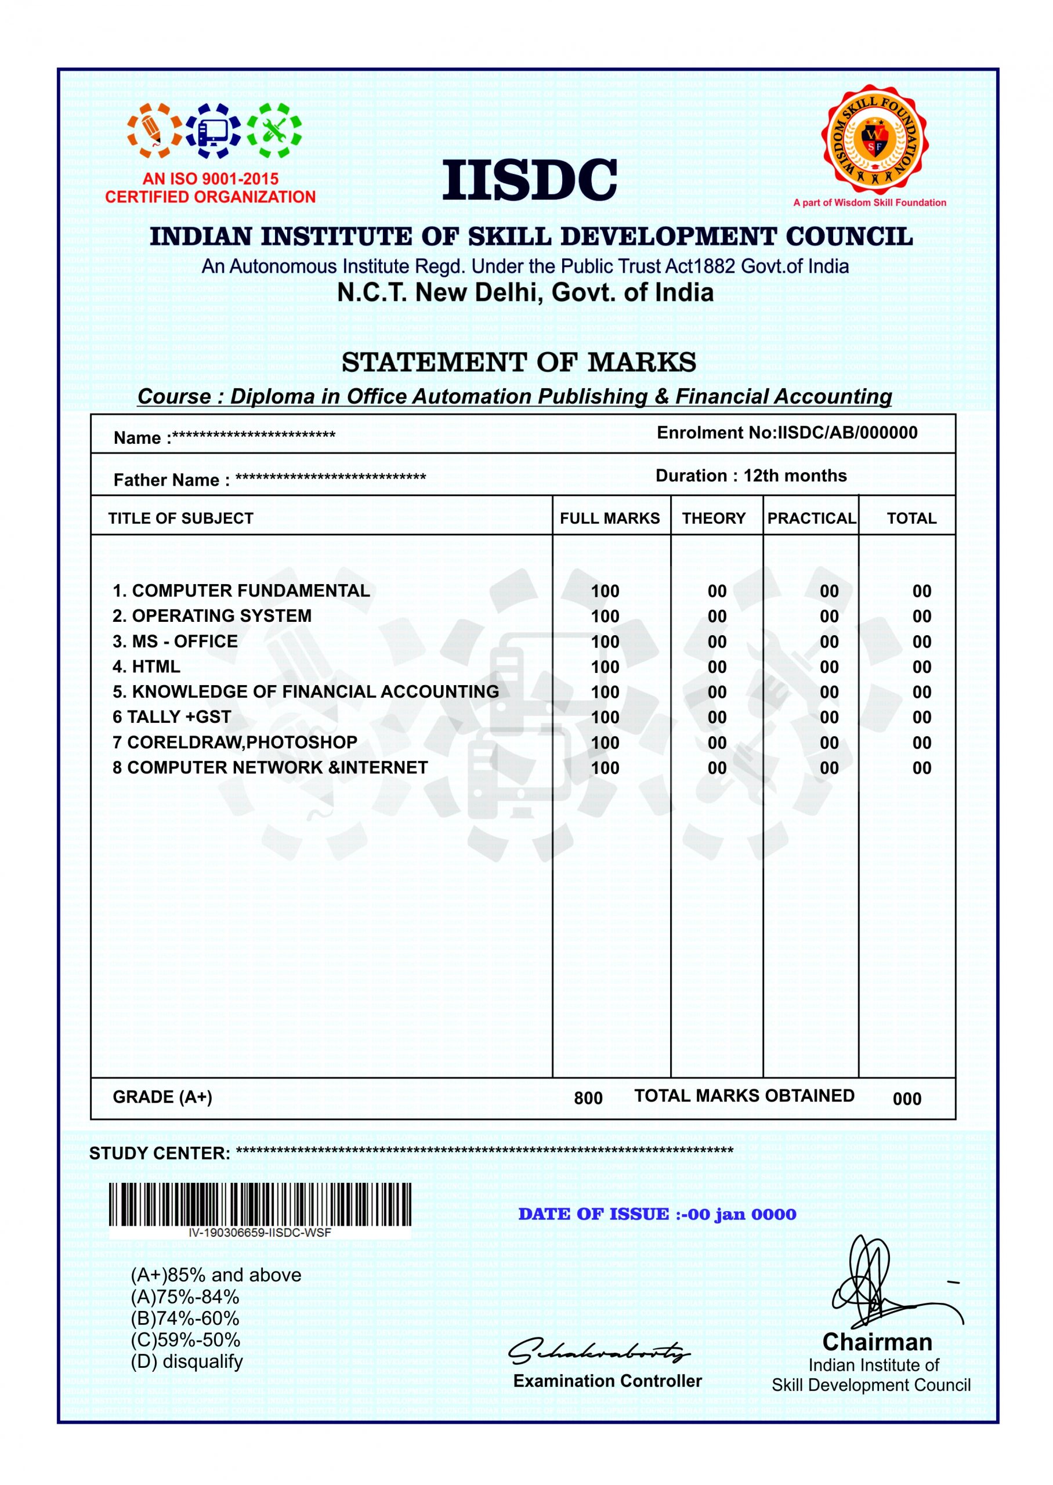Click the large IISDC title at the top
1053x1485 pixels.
tap(529, 181)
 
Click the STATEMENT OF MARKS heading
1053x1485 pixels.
tap(519, 363)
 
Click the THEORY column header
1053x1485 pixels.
tap(714, 519)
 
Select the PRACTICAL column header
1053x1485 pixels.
tap(811, 519)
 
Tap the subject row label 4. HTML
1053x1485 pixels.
tap(147, 667)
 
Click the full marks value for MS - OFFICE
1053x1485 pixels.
tap(605, 642)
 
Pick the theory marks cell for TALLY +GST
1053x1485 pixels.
tap(717, 718)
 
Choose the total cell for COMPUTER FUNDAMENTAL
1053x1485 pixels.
tap(921, 591)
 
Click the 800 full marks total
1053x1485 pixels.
tap(588, 1098)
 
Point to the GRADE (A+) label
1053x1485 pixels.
tap(162, 1097)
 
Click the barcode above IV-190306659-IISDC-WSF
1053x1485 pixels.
tap(259, 1204)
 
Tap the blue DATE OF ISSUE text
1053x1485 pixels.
tap(657, 1214)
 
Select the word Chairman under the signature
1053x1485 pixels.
tap(877, 1342)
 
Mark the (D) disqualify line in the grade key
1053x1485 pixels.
tap(187, 1361)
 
